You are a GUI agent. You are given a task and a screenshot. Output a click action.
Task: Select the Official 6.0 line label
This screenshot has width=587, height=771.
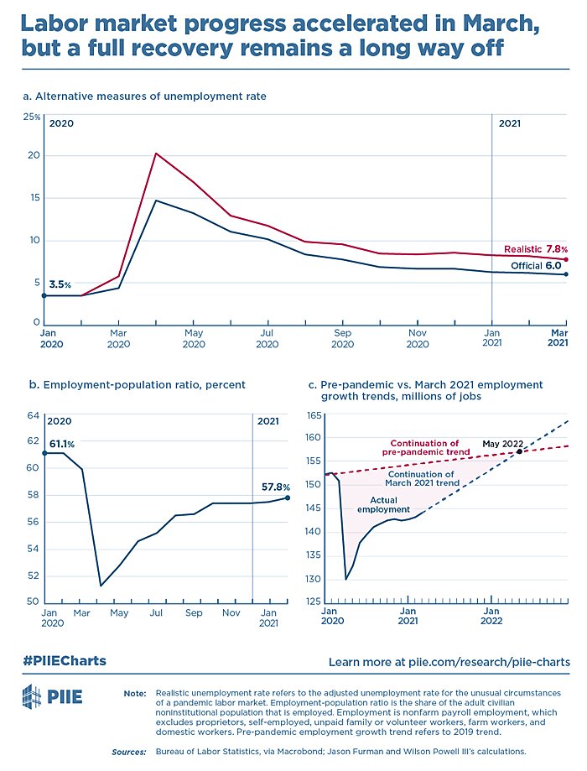click(541, 266)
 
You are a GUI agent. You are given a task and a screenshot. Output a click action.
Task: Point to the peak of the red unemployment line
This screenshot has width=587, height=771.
click(155, 154)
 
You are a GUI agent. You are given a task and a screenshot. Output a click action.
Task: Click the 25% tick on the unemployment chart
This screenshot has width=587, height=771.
click(31, 117)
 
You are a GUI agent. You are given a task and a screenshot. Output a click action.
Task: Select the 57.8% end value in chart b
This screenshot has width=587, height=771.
click(275, 486)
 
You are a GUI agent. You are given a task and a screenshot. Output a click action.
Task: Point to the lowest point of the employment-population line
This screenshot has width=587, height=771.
click(101, 586)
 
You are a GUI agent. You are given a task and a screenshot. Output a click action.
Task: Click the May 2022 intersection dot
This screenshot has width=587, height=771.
click(520, 451)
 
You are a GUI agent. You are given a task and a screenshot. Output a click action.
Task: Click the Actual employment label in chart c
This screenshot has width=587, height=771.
click(383, 504)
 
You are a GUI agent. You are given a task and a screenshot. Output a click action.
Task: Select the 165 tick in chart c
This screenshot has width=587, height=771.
click(314, 416)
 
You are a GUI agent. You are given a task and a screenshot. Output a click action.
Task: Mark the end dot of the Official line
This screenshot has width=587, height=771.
click(567, 274)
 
